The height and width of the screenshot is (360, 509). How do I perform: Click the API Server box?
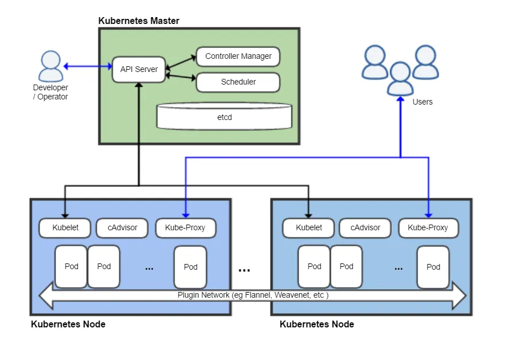coord(138,69)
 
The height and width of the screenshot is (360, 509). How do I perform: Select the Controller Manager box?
coord(238,57)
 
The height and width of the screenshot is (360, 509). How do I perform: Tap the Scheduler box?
coord(238,82)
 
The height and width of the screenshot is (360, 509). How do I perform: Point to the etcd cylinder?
coord(224,117)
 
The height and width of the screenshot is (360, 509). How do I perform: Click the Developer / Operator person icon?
coord(50,66)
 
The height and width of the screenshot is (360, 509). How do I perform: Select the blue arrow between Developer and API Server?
coord(88,66)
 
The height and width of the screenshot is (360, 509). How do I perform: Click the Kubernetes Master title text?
coord(139,21)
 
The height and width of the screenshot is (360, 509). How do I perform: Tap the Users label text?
coord(423,102)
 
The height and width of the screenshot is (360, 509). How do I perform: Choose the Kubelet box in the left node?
coord(65,227)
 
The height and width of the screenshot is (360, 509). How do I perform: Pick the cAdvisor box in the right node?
coord(365,227)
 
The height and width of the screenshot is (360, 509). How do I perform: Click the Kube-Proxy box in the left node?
coord(185,227)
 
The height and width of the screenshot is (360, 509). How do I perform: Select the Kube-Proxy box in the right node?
coord(428,227)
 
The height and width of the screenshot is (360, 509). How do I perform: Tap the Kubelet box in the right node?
coord(309,227)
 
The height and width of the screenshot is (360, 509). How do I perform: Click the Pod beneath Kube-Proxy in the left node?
coord(190,266)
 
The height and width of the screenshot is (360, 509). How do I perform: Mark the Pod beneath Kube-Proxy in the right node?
coord(433,266)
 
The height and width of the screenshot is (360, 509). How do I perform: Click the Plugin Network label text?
coord(253,295)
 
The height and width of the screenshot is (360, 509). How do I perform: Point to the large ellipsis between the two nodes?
coord(244,270)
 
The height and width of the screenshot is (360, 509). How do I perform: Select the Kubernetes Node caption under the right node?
coord(317,324)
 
